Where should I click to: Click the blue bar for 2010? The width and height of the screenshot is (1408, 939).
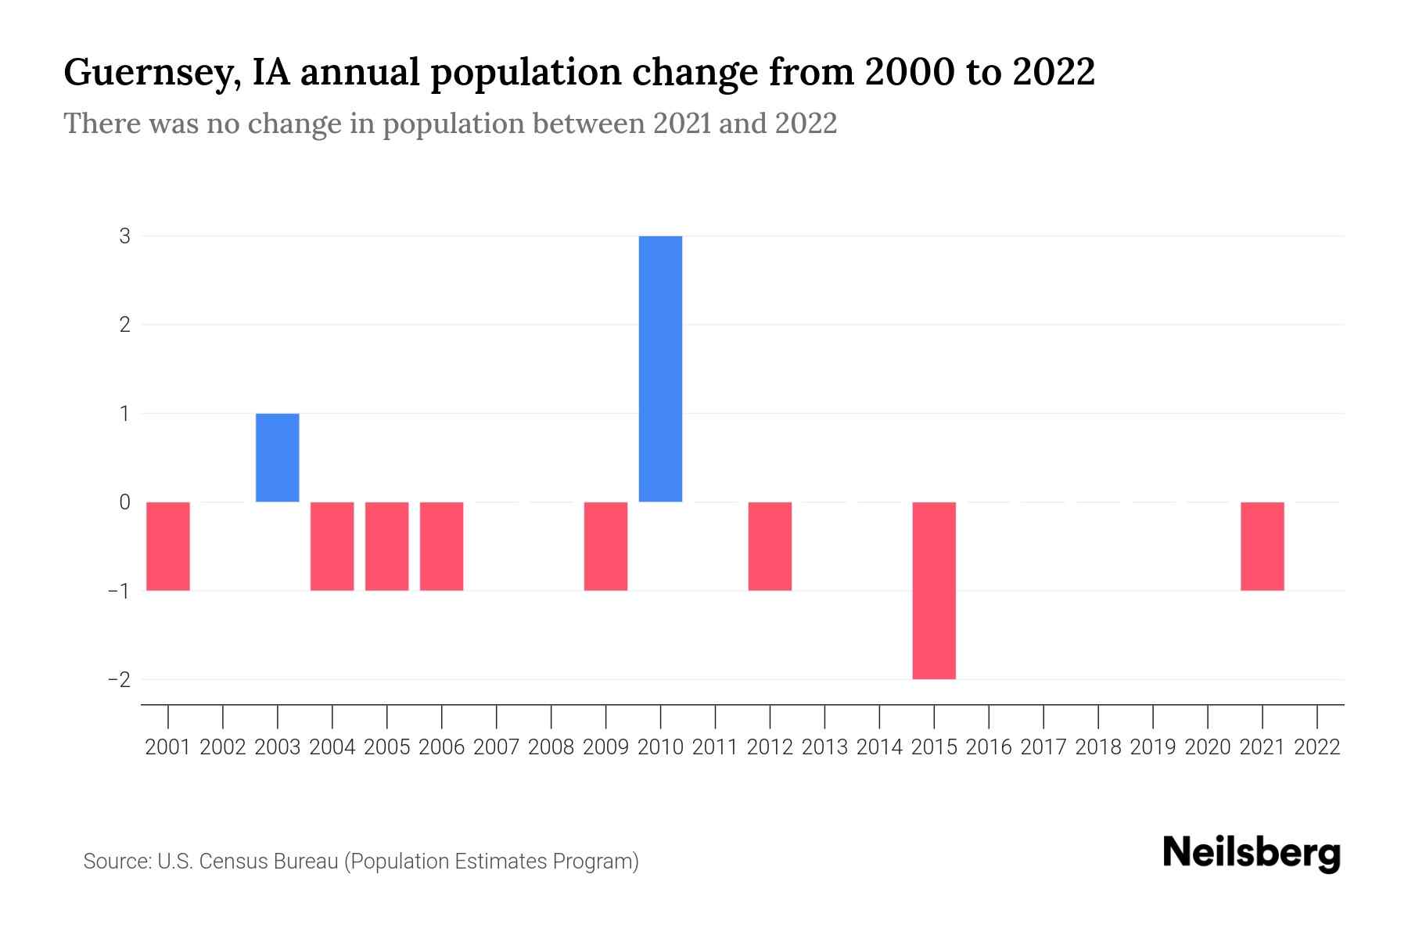tap(660, 369)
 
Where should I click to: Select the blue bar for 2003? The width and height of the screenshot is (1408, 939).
tap(277, 458)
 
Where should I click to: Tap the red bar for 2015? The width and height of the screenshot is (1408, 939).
tap(934, 590)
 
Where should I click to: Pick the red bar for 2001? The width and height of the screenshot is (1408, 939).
tap(168, 546)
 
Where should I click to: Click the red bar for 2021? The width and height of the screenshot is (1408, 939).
tap(1262, 546)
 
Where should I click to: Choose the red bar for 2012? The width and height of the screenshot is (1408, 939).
tap(770, 546)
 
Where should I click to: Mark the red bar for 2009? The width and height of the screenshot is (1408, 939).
tap(605, 546)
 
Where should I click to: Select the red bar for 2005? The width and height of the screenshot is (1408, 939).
tap(386, 546)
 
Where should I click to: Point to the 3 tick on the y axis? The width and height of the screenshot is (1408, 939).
tap(125, 236)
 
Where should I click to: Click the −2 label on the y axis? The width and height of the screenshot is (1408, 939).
tap(120, 679)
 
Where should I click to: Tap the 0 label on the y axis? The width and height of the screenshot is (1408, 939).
tap(125, 502)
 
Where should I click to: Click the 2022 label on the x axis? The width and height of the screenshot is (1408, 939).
tap(1316, 747)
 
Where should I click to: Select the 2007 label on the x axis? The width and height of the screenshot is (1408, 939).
tap(496, 747)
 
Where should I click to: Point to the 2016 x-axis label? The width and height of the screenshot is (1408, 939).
tap(989, 747)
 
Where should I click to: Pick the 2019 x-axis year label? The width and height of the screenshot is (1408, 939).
tap(1152, 747)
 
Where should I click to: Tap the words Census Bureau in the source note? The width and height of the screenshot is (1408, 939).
tap(271, 862)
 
